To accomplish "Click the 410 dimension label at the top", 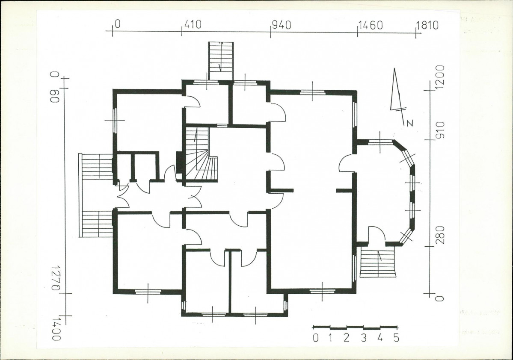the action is (193, 24).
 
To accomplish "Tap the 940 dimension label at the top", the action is (282, 25).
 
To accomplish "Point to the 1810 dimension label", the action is (427, 25).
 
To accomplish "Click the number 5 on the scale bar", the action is (396, 338).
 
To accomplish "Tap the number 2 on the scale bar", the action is (347, 338).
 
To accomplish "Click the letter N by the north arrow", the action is (409, 123).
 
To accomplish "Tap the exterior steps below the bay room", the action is (378, 262).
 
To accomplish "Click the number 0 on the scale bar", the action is (315, 338).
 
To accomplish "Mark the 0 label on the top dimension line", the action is (118, 24).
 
